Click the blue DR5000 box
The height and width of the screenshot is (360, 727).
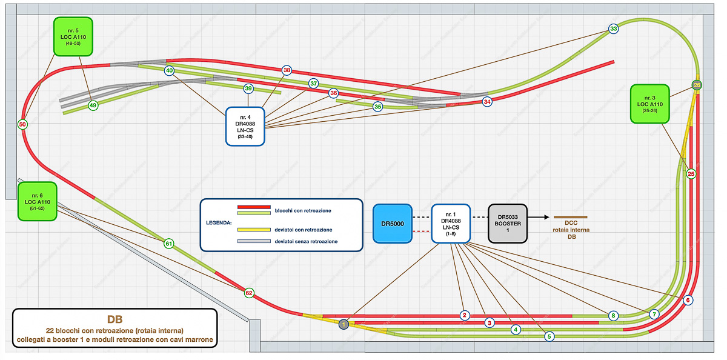(x=393, y=223)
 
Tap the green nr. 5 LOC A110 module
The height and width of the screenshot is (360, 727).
(x=73, y=36)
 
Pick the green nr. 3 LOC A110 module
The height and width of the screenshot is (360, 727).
(x=650, y=105)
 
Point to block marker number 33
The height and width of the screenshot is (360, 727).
(x=613, y=29)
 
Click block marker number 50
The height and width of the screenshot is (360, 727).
(x=23, y=125)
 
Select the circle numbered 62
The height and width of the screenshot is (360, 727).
(x=249, y=293)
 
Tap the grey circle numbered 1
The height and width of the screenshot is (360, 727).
(x=344, y=324)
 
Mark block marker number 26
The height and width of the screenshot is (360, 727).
(x=697, y=85)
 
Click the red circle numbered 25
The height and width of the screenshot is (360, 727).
(x=691, y=174)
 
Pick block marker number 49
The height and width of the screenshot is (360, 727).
(x=93, y=105)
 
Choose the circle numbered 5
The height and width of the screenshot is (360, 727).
(x=549, y=336)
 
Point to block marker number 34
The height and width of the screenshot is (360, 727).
(x=487, y=102)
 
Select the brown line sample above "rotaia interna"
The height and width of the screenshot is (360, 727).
(x=571, y=216)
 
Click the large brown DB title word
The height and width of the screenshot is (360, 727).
(x=115, y=319)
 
